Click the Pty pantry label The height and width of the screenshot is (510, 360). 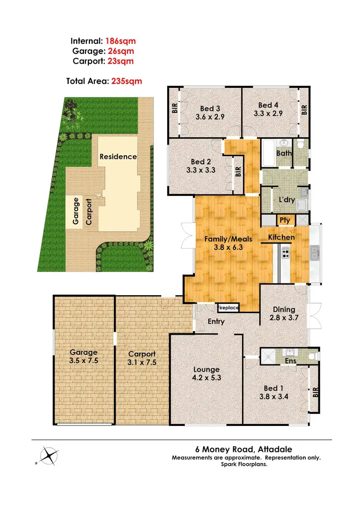click(x=285, y=220)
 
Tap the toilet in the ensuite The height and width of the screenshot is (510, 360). click(x=312, y=356)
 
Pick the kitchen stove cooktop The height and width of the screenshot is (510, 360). click(x=285, y=252)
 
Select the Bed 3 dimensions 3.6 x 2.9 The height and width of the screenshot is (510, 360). click(x=210, y=116)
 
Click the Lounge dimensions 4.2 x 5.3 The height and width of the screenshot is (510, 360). click(x=207, y=378)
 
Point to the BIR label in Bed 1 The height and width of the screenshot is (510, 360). click(x=315, y=392)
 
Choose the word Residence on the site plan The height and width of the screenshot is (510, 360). click(x=118, y=157)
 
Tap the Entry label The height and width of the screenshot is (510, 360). click(x=216, y=321)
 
